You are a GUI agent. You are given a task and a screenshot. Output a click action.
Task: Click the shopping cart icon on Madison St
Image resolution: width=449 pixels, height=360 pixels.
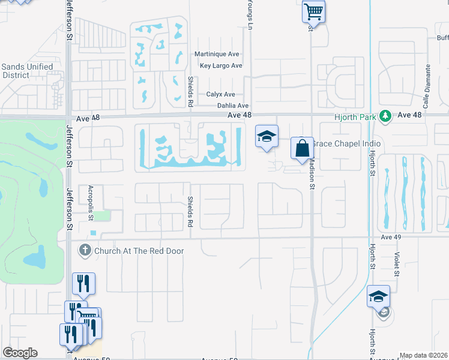pos(313,11)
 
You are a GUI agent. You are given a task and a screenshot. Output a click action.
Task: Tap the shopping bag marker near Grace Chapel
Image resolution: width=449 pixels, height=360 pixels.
pos(302,148)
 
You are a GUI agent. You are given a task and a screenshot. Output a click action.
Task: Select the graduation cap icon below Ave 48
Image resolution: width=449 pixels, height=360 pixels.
pos(267,136)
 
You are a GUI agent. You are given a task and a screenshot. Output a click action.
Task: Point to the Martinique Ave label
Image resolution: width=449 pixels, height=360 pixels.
pos(217,55)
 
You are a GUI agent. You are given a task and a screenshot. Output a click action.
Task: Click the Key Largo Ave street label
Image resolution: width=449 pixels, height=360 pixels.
pos(221,66)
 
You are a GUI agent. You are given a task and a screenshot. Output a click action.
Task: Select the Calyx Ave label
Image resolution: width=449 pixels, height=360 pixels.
pos(221,95)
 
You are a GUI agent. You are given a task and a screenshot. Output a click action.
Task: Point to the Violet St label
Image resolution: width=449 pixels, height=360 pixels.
pos(397,264)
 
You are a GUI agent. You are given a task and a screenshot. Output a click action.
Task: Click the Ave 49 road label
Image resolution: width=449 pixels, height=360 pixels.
pos(390,237)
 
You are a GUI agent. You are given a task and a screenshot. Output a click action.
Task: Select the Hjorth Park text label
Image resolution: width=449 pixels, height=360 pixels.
pos(358,115)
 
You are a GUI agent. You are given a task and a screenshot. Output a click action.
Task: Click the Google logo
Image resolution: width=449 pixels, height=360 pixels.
pos(20,353)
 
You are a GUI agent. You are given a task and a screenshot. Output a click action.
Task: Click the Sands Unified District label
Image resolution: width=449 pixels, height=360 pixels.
pos(27,71)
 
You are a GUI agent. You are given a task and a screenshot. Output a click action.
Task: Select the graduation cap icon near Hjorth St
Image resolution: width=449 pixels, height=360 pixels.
pos(378,296)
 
